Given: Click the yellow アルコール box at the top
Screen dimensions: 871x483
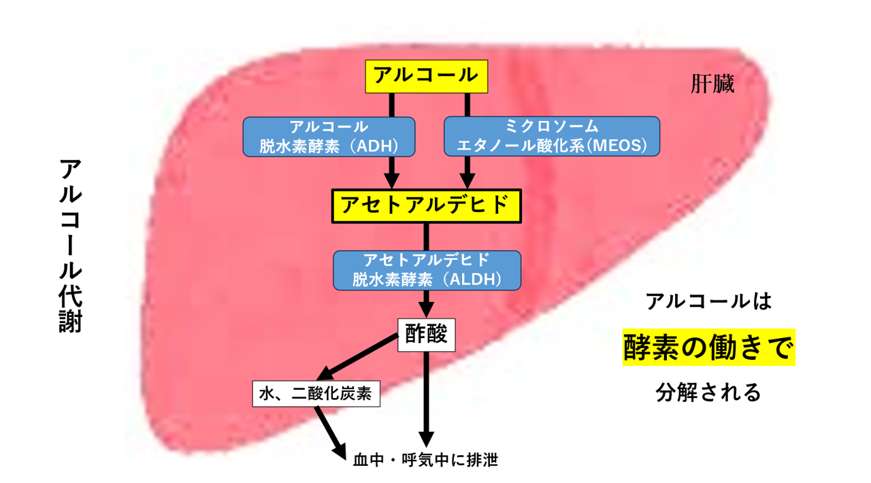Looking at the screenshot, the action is [x=427, y=76].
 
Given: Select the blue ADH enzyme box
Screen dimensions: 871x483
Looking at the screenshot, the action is [x=329, y=137].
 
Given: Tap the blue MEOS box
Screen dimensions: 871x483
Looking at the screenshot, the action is [x=552, y=137].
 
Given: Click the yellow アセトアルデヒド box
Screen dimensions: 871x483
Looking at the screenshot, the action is [x=427, y=206].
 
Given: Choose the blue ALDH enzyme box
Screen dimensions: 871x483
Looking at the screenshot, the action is [x=427, y=270].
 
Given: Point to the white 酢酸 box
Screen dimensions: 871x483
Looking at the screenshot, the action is [x=426, y=335].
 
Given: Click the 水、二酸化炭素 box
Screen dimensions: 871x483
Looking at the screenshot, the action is [x=316, y=394].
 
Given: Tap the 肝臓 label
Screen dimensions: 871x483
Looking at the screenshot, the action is [x=712, y=84].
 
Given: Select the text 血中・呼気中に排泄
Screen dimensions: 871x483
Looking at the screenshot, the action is [x=425, y=460].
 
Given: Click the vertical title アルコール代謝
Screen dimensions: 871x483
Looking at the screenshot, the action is [x=70, y=246].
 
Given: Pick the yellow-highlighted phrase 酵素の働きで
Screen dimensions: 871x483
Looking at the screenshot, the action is [x=709, y=347].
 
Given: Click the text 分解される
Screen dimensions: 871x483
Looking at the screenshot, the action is [x=708, y=392].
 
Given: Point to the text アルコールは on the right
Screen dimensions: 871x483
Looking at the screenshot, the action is [x=708, y=301].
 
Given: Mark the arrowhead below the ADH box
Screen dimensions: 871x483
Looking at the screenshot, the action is [x=391, y=181].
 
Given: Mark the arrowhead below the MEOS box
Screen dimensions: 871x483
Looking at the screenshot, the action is [x=467, y=181].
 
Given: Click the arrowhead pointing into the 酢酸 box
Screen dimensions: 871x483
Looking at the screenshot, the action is [x=426, y=310].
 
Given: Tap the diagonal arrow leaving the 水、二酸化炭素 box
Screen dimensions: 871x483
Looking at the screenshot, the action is [x=331, y=433].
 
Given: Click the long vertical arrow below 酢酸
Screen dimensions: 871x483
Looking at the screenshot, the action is [x=426, y=400].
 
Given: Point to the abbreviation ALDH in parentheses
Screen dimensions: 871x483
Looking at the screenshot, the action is [x=472, y=280].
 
